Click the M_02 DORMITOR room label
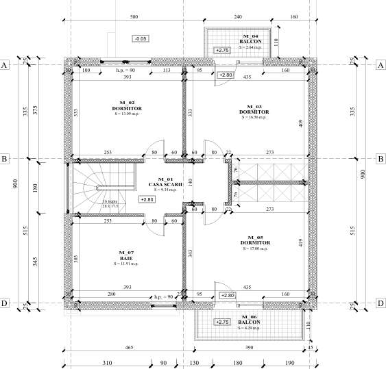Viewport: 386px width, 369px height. [x=126, y=107]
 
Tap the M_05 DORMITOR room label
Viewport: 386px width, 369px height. [x=255, y=243]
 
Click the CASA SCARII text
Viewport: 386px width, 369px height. [x=164, y=183]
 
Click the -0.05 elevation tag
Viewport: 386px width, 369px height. [x=141, y=39]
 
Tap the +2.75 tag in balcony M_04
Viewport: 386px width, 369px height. [x=221, y=50]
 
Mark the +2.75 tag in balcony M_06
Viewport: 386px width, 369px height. [x=221, y=321]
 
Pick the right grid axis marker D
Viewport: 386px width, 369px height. [x=381, y=303]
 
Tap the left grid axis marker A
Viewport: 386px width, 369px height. [x=5, y=65]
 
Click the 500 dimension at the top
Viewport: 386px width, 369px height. [x=134, y=16]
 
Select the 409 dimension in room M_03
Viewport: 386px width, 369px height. [x=300, y=123]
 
